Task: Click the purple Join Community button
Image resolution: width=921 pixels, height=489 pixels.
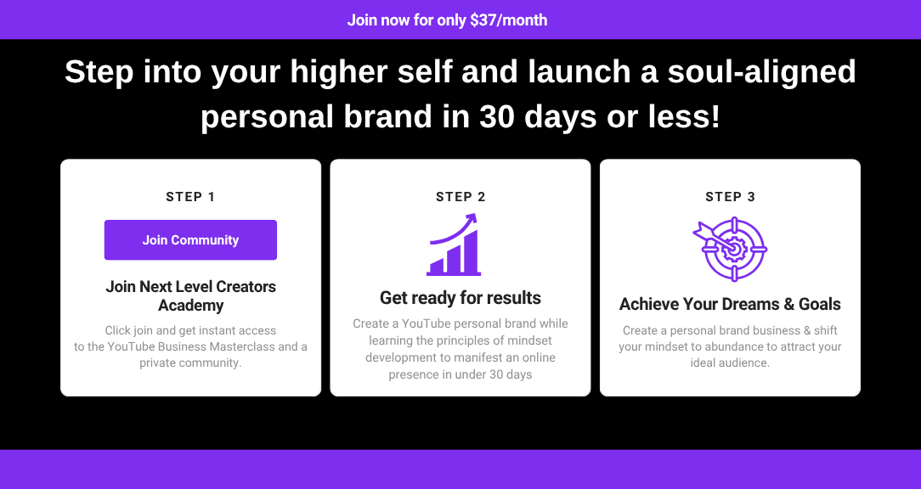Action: click(x=190, y=240)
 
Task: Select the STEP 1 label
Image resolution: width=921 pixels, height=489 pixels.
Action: click(x=190, y=197)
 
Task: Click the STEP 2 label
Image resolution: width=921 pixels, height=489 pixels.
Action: click(x=460, y=197)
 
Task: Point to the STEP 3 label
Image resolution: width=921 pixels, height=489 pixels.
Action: click(x=730, y=197)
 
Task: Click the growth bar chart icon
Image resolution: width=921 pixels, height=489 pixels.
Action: click(x=454, y=244)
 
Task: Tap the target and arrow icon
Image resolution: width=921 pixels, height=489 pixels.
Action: click(x=730, y=249)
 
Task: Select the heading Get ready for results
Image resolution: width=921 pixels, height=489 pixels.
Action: click(x=460, y=298)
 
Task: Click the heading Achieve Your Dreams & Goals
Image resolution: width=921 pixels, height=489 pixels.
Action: click(x=730, y=304)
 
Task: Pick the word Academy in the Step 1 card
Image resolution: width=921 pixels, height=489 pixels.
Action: click(x=191, y=306)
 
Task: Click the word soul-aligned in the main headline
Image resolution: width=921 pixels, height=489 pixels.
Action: click(x=762, y=72)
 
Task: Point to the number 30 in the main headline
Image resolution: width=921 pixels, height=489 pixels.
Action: click(x=497, y=116)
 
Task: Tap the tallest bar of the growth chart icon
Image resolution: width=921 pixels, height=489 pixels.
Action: click(x=471, y=251)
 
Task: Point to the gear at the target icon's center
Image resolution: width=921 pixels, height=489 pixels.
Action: click(x=732, y=250)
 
